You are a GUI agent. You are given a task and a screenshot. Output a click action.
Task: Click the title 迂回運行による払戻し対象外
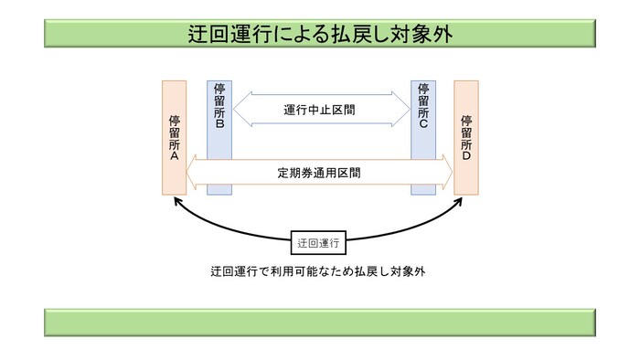319,34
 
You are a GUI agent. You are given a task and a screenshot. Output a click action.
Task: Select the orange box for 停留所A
174,137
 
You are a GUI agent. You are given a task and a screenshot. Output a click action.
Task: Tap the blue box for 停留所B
219,137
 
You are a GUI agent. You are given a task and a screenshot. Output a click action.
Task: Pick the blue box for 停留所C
423,137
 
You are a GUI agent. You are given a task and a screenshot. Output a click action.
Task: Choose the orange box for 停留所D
467,137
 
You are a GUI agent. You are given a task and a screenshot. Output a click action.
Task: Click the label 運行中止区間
319,110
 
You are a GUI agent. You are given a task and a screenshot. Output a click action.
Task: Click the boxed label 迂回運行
319,244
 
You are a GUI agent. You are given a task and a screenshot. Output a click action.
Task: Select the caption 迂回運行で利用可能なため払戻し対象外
319,271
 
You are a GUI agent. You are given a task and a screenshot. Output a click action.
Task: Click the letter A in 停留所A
174,157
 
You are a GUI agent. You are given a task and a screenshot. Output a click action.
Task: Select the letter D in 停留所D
467,157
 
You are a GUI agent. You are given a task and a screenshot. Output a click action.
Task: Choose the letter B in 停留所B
219,125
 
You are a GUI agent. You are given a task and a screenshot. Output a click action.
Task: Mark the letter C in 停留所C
423,125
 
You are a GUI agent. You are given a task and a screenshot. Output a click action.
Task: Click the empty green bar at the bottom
319,323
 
